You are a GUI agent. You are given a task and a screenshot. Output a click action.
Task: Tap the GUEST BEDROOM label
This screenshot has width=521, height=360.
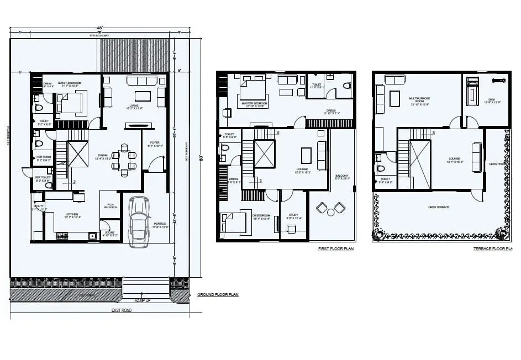pos(70,83)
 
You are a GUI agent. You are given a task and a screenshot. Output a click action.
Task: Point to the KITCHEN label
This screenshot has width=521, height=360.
pos(73,215)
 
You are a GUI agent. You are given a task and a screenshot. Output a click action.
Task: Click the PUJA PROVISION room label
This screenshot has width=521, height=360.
pos(110,205)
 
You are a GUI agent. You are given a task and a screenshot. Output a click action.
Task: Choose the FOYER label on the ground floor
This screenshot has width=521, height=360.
pos(154,143)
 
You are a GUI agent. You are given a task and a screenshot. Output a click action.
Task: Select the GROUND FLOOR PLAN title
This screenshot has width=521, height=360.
pos(218,295)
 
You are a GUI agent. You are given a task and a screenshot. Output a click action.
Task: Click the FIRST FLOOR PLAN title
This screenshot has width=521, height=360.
pos(335,249)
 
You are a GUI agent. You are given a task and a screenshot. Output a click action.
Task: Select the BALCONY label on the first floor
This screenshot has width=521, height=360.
pos(342,176)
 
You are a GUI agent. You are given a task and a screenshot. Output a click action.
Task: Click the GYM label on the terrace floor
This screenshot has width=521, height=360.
pos(490,101)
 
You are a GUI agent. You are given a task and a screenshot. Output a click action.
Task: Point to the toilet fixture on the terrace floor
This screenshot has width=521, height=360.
pos(381,168)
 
